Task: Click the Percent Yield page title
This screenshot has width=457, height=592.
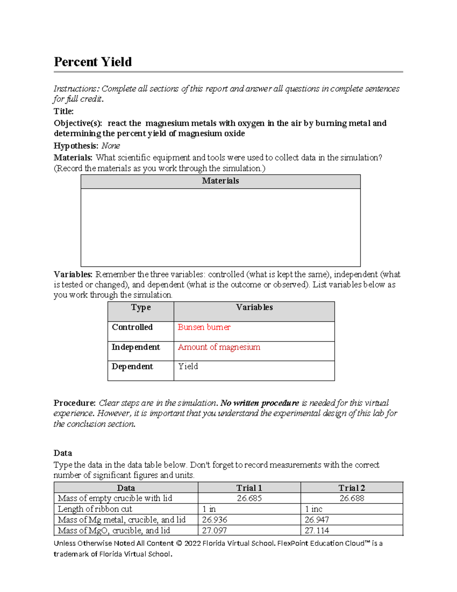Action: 93,62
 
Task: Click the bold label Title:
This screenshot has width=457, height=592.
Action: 64,111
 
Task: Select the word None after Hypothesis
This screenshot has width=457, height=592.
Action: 110,146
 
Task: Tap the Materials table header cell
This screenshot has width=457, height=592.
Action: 220,181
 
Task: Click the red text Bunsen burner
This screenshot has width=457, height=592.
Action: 204,327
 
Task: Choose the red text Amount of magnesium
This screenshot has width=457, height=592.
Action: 219,347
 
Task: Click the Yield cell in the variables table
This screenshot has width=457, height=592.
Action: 188,367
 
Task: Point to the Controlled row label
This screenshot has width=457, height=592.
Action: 132,327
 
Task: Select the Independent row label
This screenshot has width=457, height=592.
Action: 136,347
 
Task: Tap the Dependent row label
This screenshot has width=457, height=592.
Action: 132,367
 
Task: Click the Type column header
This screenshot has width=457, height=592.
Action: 141,308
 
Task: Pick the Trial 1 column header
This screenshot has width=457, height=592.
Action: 249,488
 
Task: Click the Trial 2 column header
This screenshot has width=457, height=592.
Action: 352,488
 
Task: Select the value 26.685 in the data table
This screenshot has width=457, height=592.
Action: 249,499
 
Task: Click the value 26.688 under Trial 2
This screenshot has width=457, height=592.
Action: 352,499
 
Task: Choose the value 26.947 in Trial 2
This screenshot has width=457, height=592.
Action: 316,520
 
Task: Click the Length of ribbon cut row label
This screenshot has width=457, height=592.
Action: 95,509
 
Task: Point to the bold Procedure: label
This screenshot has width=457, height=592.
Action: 75,403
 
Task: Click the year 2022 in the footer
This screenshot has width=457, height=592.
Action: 192,544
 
